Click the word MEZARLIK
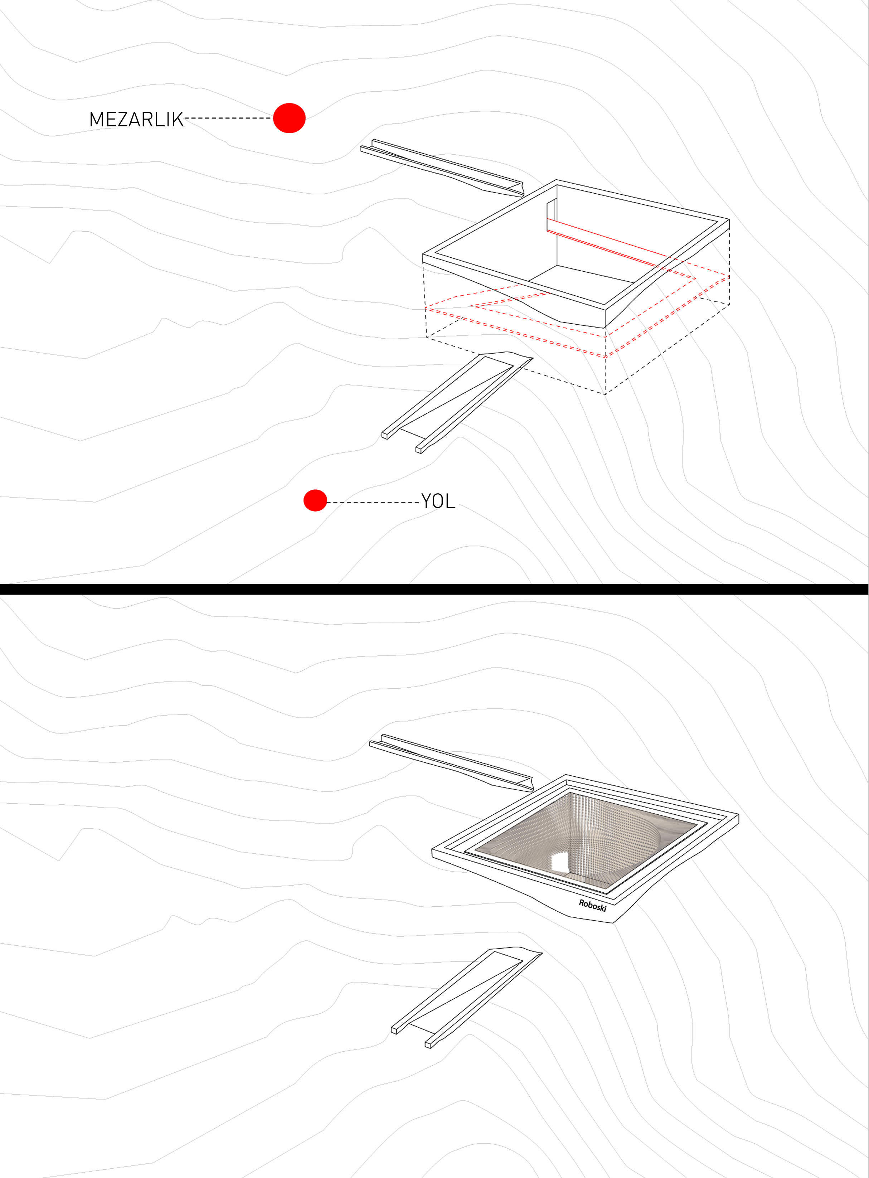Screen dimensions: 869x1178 (136, 120)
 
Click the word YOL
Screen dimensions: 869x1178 (438, 501)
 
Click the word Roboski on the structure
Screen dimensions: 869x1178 (593, 905)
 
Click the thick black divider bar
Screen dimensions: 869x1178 (434, 589)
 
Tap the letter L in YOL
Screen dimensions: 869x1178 (450, 501)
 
